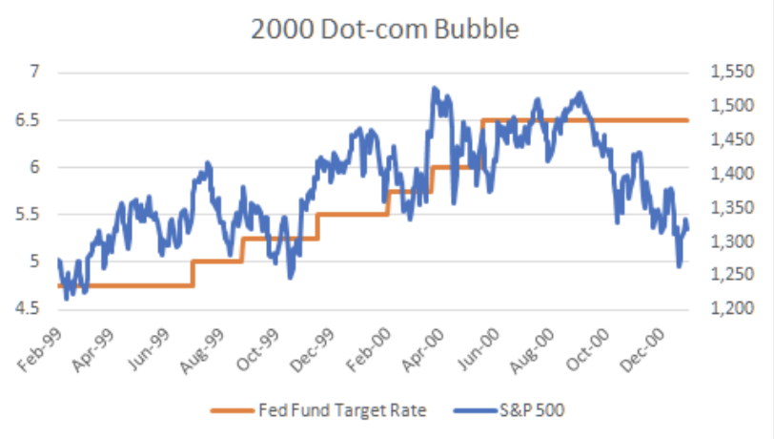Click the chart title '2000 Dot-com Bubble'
(x=385, y=30)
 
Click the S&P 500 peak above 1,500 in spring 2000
(x=434, y=88)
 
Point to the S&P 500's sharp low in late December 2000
(x=679, y=266)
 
